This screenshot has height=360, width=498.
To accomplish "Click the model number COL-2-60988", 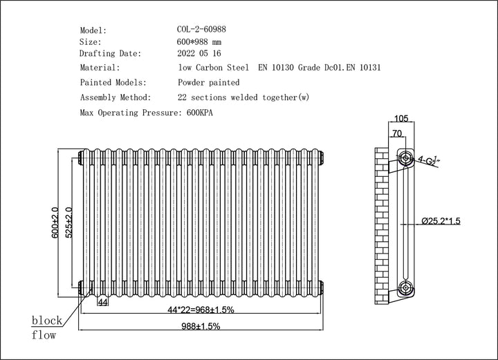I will (201, 30).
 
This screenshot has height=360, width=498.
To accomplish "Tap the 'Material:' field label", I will (100, 68).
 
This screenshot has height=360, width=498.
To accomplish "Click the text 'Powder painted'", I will (209, 82).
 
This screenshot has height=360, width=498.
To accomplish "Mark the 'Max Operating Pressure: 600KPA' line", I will (146, 112).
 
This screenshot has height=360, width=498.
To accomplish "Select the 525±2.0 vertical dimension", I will (68, 222).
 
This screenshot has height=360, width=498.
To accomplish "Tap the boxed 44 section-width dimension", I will (102, 303).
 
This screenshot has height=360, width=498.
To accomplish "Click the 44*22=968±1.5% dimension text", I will (201, 310).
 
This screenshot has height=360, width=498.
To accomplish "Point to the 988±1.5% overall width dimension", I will (201, 326).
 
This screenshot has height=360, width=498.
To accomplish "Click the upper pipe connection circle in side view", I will (405, 158).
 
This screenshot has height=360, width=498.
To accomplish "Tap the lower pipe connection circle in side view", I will (405, 287).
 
